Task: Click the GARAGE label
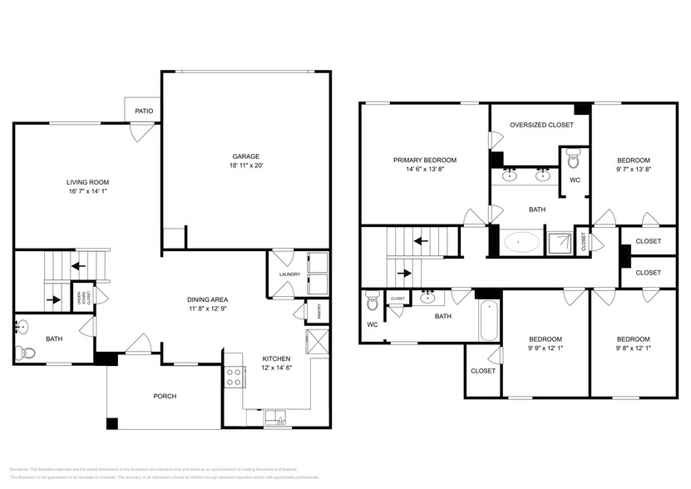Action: (245, 156)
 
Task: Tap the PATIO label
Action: (144, 111)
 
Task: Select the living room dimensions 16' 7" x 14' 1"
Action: (88, 191)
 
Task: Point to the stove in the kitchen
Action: (234, 377)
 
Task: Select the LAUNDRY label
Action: (289, 274)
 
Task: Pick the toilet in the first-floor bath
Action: (28, 353)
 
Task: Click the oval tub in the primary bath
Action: (521, 243)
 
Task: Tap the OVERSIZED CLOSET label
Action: (541, 125)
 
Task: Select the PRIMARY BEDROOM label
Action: (424, 160)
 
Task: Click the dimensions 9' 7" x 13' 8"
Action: (633, 170)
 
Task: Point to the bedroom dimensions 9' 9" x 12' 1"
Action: (545, 348)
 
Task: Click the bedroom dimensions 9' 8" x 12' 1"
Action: (633, 348)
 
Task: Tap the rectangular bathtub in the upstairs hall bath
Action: (490, 321)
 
